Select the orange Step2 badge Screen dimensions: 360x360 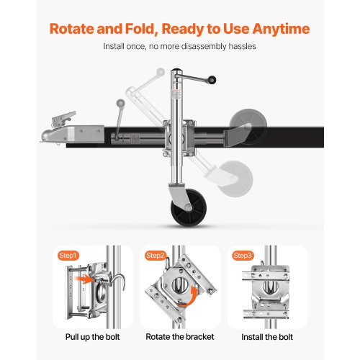click(x=156, y=256)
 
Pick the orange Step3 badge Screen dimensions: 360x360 click(x=243, y=256)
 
